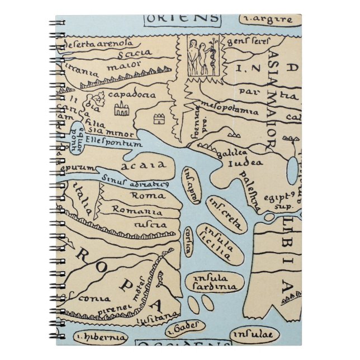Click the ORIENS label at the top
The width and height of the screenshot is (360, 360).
pos(182,17)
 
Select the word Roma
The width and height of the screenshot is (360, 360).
pos(147,195)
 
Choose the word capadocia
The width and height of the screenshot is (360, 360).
pos(131,94)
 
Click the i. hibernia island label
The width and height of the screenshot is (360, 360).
pos(100,337)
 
